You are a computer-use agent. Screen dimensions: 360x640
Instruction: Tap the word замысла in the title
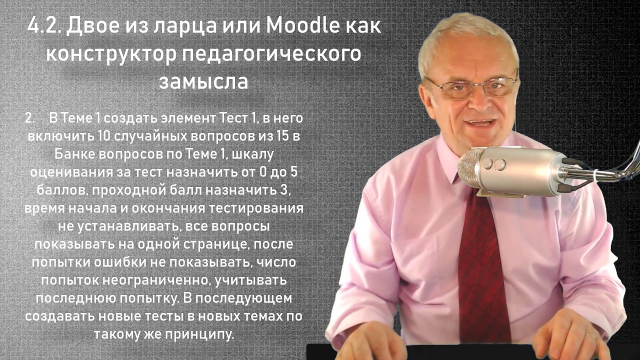coord(203,81)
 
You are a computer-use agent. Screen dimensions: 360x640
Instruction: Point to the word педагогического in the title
coord(270,53)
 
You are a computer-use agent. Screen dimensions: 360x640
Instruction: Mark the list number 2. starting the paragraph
coord(31,118)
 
